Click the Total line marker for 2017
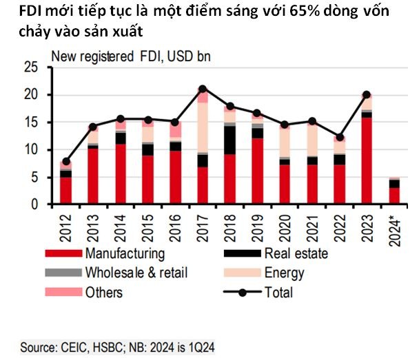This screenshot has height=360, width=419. tap(202, 89)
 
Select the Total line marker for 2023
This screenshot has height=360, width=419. tap(367, 94)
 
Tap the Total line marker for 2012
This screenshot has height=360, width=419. tap(66, 161)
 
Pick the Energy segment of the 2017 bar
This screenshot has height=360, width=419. tap(202, 127)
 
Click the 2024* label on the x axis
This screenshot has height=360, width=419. tap(394, 227)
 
